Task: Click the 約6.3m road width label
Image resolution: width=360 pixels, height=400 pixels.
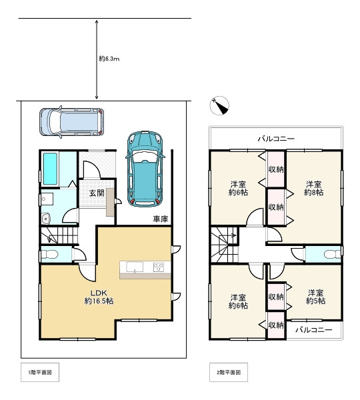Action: [109, 59]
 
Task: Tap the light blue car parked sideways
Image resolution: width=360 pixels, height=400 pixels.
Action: [72, 122]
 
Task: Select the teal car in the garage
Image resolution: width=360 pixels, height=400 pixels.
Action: [145, 169]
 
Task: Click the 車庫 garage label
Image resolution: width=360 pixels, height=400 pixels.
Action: [161, 219]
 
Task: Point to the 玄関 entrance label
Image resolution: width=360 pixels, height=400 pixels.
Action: [97, 193]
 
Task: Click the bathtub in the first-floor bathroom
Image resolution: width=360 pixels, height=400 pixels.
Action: [50, 169]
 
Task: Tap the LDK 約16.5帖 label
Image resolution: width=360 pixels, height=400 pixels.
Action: [99, 297]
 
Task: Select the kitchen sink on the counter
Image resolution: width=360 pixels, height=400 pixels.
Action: [135, 267]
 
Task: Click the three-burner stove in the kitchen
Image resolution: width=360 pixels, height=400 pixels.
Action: [159, 267]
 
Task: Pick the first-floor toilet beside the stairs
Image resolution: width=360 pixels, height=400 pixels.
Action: [50, 255]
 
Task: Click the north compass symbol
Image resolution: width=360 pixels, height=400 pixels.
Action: [219, 105]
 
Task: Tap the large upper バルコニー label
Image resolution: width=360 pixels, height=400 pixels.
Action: [276, 139]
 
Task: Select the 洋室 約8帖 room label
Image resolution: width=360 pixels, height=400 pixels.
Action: [313, 188]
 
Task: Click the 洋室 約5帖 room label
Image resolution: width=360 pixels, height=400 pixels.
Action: [315, 297]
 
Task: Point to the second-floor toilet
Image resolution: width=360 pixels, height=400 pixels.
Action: [333, 254]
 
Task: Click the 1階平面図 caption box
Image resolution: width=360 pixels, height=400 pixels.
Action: [40, 372]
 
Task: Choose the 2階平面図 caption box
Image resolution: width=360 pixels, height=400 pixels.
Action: [229, 372]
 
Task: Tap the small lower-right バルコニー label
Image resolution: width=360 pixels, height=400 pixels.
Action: [314, 330]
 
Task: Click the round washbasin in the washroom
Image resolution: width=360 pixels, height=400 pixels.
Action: [46, 219]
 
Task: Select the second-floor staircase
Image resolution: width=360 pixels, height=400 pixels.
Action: [224, 245]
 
